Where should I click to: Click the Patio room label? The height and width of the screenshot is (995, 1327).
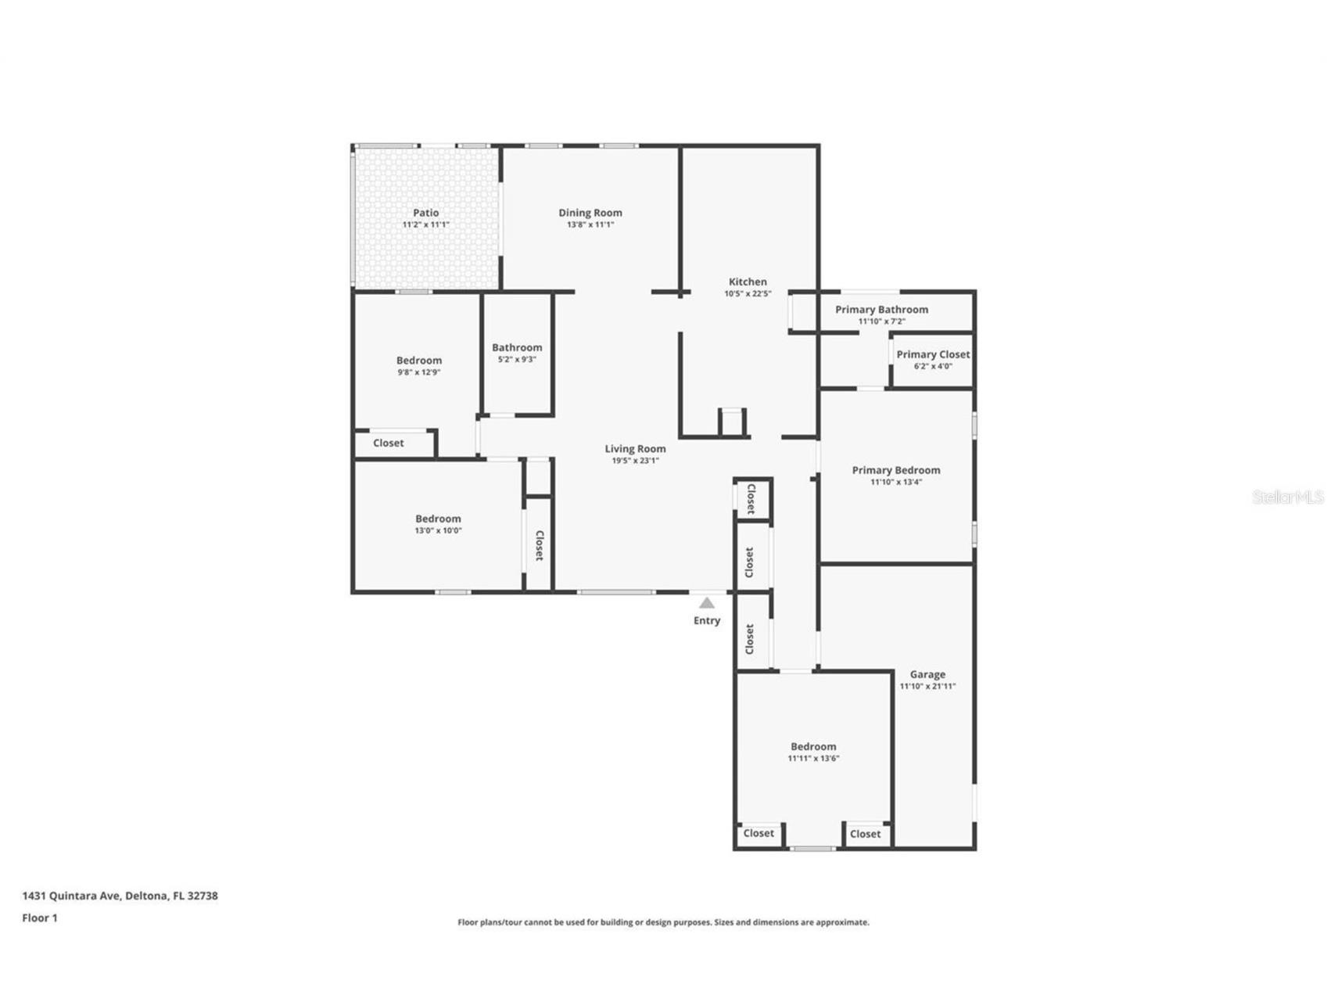pyautogui.click(x=426, y=213)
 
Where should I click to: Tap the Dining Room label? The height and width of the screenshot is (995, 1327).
pyautogui.click(x=590, y=213)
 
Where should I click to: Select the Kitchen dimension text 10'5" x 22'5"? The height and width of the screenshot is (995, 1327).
pyautogui.click(x=748, y=294)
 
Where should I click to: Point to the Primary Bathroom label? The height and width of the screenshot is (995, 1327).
pyautogui.click(x=881, y=310)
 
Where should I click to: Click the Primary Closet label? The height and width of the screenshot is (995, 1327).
pyautogui.click(x=933, y=354)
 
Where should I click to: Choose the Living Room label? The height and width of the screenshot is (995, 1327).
pyautogui.click(x=635, y=449)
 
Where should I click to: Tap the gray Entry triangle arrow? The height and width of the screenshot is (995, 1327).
pyautogui.click(x=707, y=603)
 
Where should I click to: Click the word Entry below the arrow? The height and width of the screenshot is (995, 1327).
pyautogui.click(x=707, y=620)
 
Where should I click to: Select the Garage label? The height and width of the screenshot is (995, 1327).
pyautogui.click(x=927, y=674)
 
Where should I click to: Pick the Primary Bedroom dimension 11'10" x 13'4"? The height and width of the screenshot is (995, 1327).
pyautogui.click(x=896, y=482)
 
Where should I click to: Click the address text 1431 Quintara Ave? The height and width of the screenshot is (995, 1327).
pyautogui.click(x=71, y=896)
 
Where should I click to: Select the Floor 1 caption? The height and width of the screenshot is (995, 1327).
pyautogui.click(x=39, y=918)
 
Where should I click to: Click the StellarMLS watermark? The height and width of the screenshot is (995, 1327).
pyautogui.click(x=1287, y=497)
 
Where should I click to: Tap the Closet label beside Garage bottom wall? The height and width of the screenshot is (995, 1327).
pyautogui.click(x=865, y=834)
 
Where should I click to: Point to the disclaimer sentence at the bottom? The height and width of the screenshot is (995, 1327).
pyautogui.click(x=663, y=922)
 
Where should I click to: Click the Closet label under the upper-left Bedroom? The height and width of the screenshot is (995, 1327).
pyautogui.click(x=389, y=443)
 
